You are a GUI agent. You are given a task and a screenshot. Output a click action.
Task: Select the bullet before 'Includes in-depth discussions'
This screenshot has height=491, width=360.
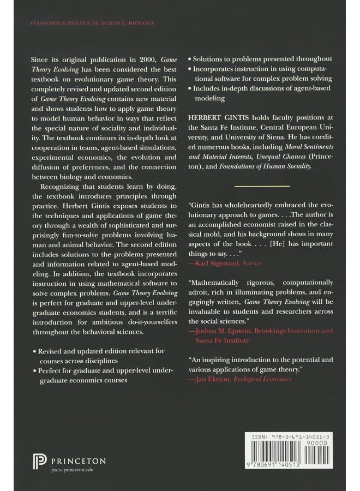point(189,88)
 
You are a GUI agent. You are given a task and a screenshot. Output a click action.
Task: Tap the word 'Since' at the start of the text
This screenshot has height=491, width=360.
point(41,58)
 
